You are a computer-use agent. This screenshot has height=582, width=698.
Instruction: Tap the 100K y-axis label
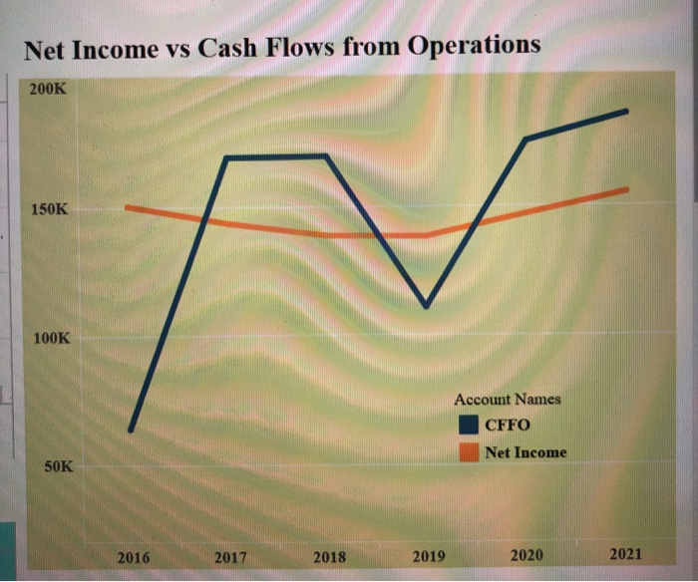(x=51, y=339)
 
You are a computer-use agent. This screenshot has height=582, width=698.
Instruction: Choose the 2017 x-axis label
(x=231, y=558)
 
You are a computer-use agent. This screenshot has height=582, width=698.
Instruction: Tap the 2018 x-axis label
(x=329, y=558)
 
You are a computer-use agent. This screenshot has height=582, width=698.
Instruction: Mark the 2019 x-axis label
(x=429, y=557)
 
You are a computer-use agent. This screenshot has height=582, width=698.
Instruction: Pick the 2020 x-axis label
(x=526, y=555)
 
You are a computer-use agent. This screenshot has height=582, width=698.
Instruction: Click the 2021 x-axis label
(x=625, y=554)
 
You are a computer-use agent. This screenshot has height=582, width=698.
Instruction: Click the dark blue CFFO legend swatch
(x=469, y=426)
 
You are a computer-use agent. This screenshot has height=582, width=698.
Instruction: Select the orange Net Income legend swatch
(x=469, y=452)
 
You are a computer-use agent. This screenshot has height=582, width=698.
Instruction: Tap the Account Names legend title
(x=508, y=399)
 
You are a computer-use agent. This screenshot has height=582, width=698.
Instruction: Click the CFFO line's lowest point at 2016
(x=131, y=431)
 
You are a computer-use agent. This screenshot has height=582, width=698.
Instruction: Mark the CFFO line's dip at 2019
(x=427, y=306)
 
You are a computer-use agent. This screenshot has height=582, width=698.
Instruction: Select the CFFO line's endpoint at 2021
(x=627, y=111)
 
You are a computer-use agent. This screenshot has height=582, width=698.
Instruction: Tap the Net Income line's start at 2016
(x=127, y=207)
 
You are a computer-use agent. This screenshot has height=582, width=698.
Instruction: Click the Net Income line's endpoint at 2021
(x=627, y=189)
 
